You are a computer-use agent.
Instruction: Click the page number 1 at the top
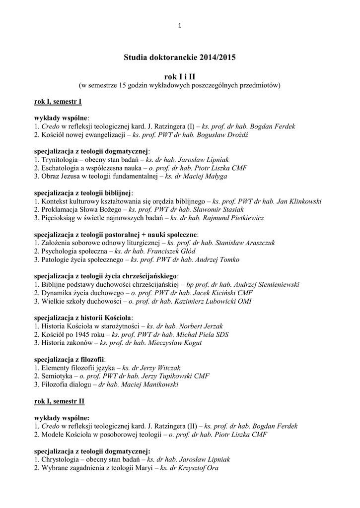[x=180, y=25]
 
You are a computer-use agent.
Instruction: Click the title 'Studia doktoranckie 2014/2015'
[x=180, y=58]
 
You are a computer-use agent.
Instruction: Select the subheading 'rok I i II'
[x=180, y=77]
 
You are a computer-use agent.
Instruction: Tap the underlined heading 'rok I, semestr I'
[x=58, y=102]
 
